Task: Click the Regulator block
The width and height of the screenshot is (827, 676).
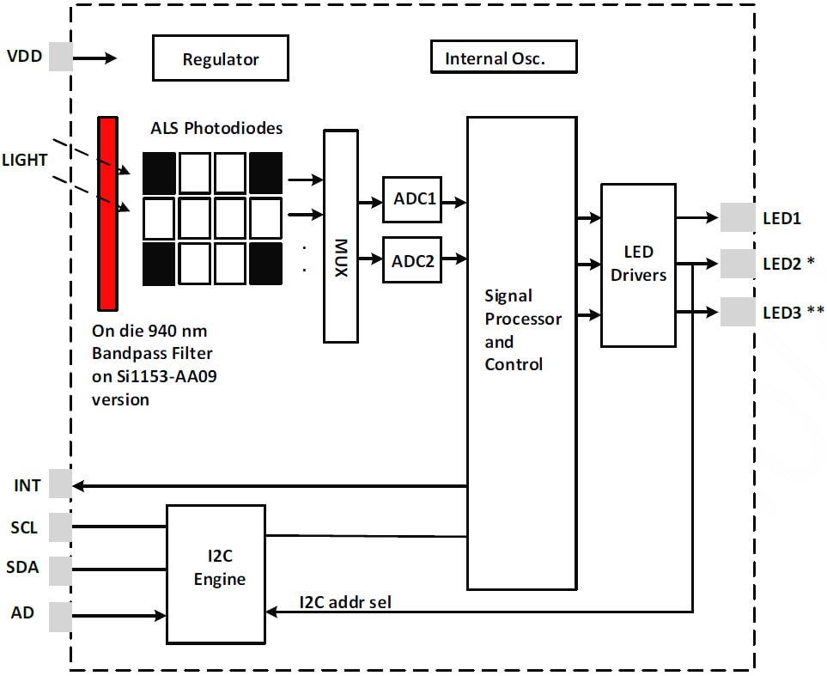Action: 220,58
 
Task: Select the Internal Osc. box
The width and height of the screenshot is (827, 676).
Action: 502,58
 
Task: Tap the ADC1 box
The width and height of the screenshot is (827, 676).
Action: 412,199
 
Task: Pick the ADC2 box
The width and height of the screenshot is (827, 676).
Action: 412,259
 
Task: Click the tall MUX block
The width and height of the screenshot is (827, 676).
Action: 340,236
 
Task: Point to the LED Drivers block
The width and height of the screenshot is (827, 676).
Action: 638,265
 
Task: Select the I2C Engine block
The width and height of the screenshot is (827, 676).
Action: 215,573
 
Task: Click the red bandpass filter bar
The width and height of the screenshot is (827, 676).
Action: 107,213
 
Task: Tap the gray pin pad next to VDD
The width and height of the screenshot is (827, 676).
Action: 60,58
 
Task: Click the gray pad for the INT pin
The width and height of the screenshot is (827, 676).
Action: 60,484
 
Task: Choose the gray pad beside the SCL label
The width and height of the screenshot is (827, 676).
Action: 60,526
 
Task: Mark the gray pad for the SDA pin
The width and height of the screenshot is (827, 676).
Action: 60,569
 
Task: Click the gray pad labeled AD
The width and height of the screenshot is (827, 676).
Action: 60,616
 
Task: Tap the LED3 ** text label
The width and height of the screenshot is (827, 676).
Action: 793,312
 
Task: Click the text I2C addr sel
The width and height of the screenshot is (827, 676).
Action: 345,602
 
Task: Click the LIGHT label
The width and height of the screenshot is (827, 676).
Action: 25,160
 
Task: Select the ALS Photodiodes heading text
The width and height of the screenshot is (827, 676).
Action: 216,129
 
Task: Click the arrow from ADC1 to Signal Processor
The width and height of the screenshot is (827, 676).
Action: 454,203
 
